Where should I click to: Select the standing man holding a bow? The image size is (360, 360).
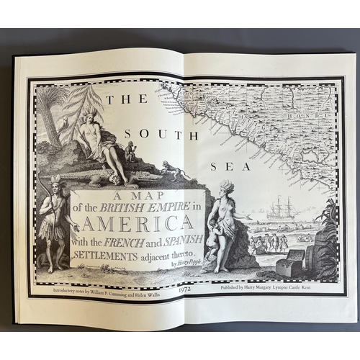pyautogui.click(x=53, y=223)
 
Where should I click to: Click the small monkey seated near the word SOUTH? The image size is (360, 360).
pyautogui.click(x=130, y=150)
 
